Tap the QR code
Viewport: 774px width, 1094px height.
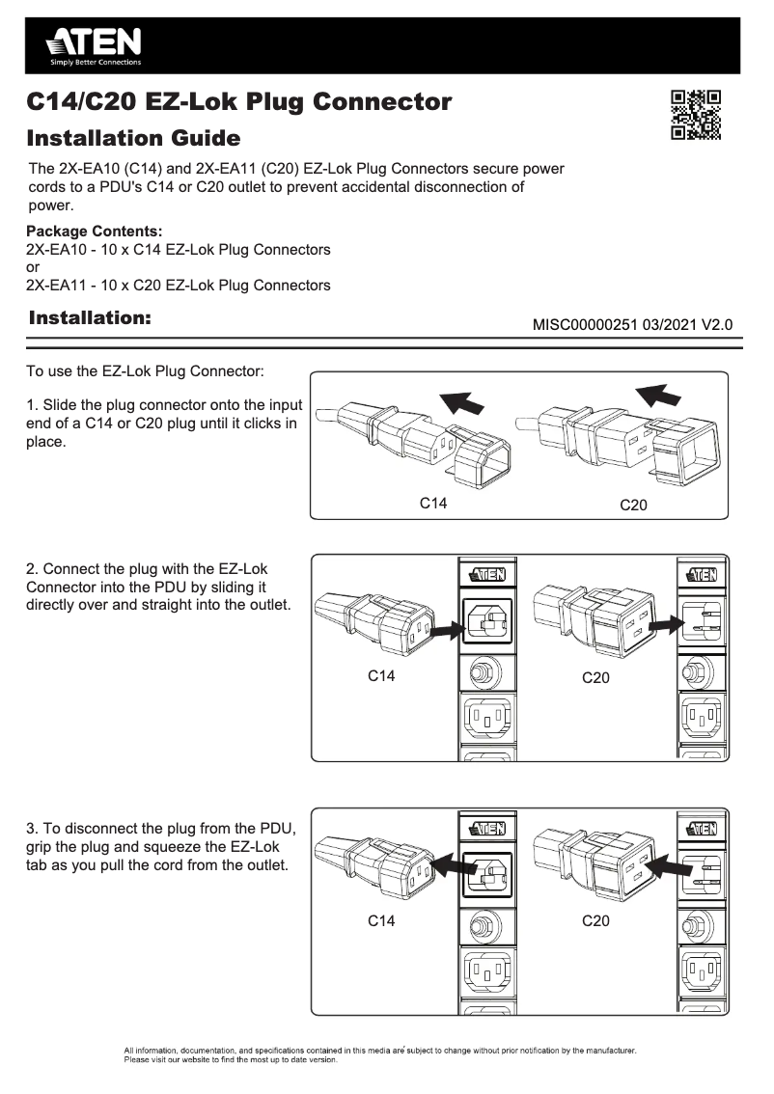[696, 115]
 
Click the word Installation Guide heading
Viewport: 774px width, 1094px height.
[133, 138]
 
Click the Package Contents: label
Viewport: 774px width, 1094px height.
[94, 232]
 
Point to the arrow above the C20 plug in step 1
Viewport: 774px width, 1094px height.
[660, 394]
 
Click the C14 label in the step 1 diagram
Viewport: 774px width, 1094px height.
[432, 504]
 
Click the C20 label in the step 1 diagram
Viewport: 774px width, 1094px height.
[633, 506]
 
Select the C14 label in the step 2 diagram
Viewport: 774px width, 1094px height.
[381, 676]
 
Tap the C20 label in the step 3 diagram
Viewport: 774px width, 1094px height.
[596, 921]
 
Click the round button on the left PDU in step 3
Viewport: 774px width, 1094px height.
[478, 925]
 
